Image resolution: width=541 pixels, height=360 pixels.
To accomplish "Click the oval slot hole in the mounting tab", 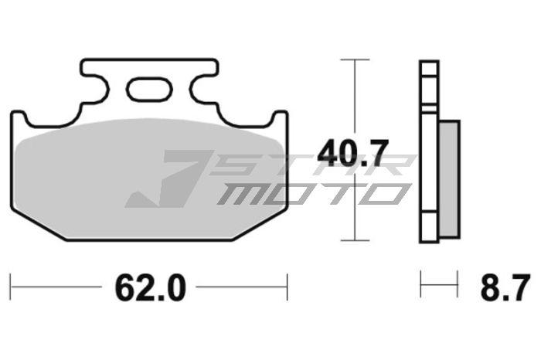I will (146, 89).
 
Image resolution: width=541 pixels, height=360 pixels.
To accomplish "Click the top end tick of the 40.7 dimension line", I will (355, 59).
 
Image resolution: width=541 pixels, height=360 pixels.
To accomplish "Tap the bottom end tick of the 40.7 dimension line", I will (355, 241).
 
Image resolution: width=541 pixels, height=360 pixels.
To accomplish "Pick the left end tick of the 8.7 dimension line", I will (421, 284).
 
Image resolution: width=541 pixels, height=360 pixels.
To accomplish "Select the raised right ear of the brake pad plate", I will (279, 118).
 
